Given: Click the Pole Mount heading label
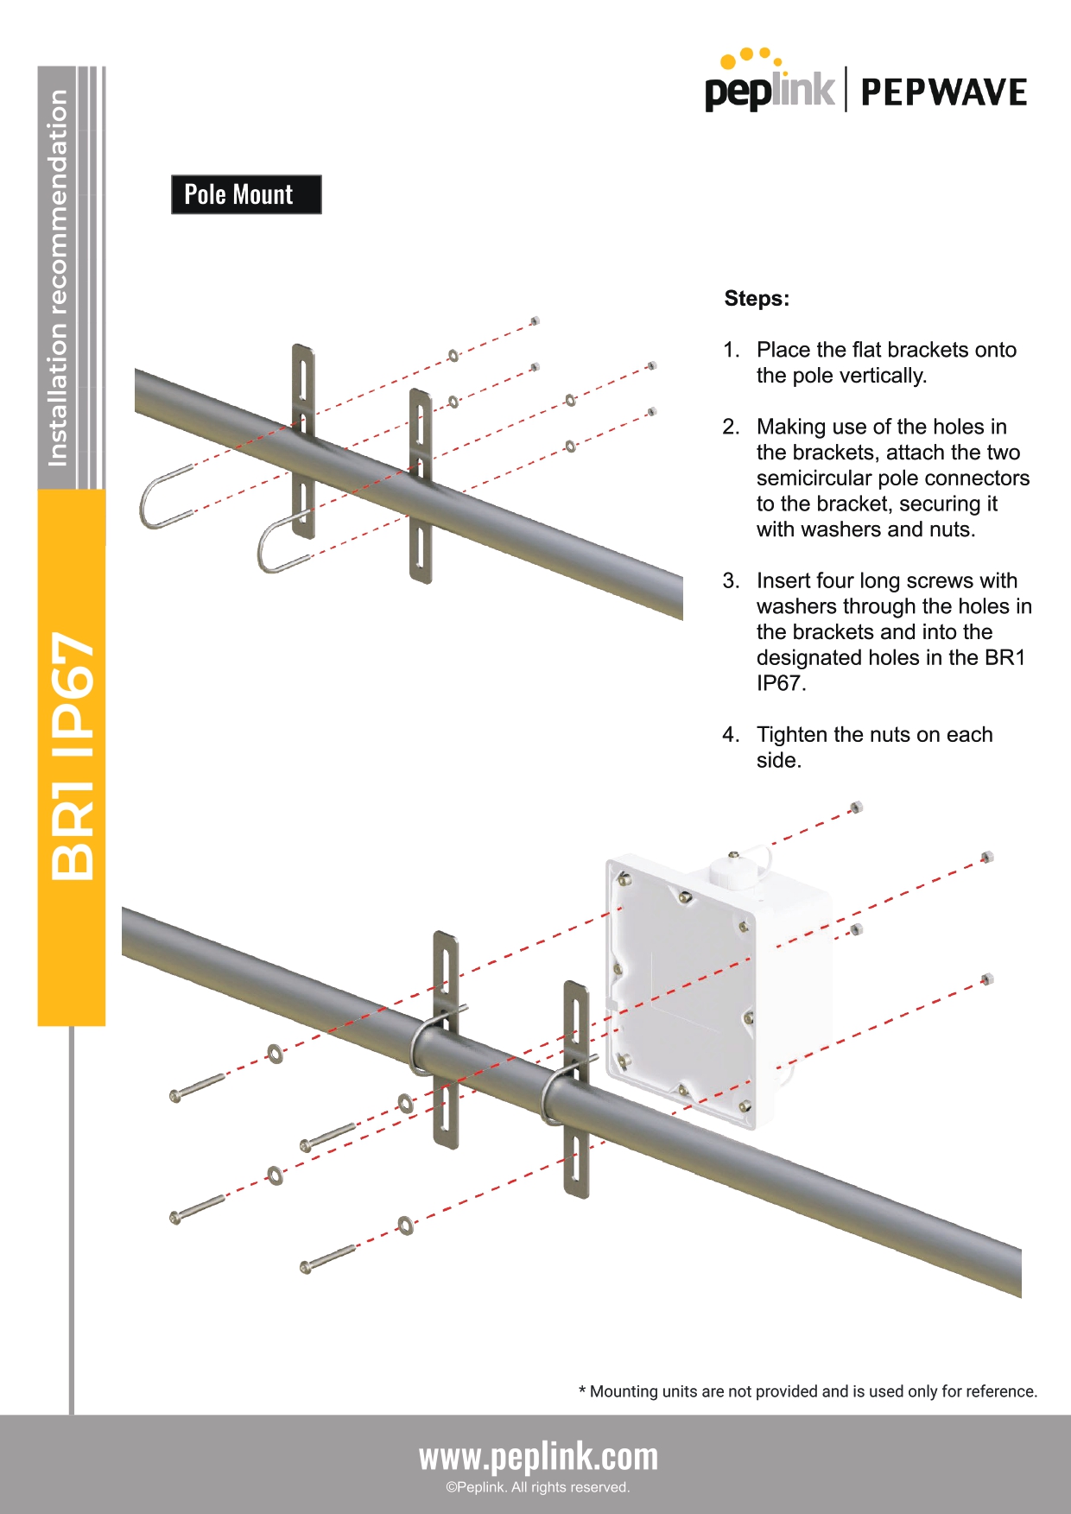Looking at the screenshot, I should (246, 194).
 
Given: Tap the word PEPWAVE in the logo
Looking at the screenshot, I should (943, 92).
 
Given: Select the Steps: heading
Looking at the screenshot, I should (757, 299).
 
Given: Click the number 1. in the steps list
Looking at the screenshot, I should (732, 350).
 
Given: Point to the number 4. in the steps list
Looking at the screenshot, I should (731, 735).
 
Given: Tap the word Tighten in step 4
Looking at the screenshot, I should (792, 735).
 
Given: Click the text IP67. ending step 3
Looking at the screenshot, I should (781, 683).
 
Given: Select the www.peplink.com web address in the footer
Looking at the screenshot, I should (538, 1457).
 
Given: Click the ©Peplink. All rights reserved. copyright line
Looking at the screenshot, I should (538, 1487).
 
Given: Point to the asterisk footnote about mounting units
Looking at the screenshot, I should (808, 1391).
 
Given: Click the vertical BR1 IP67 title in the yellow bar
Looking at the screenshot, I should (72, 757).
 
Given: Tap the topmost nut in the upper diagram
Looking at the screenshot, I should (535, 320).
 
